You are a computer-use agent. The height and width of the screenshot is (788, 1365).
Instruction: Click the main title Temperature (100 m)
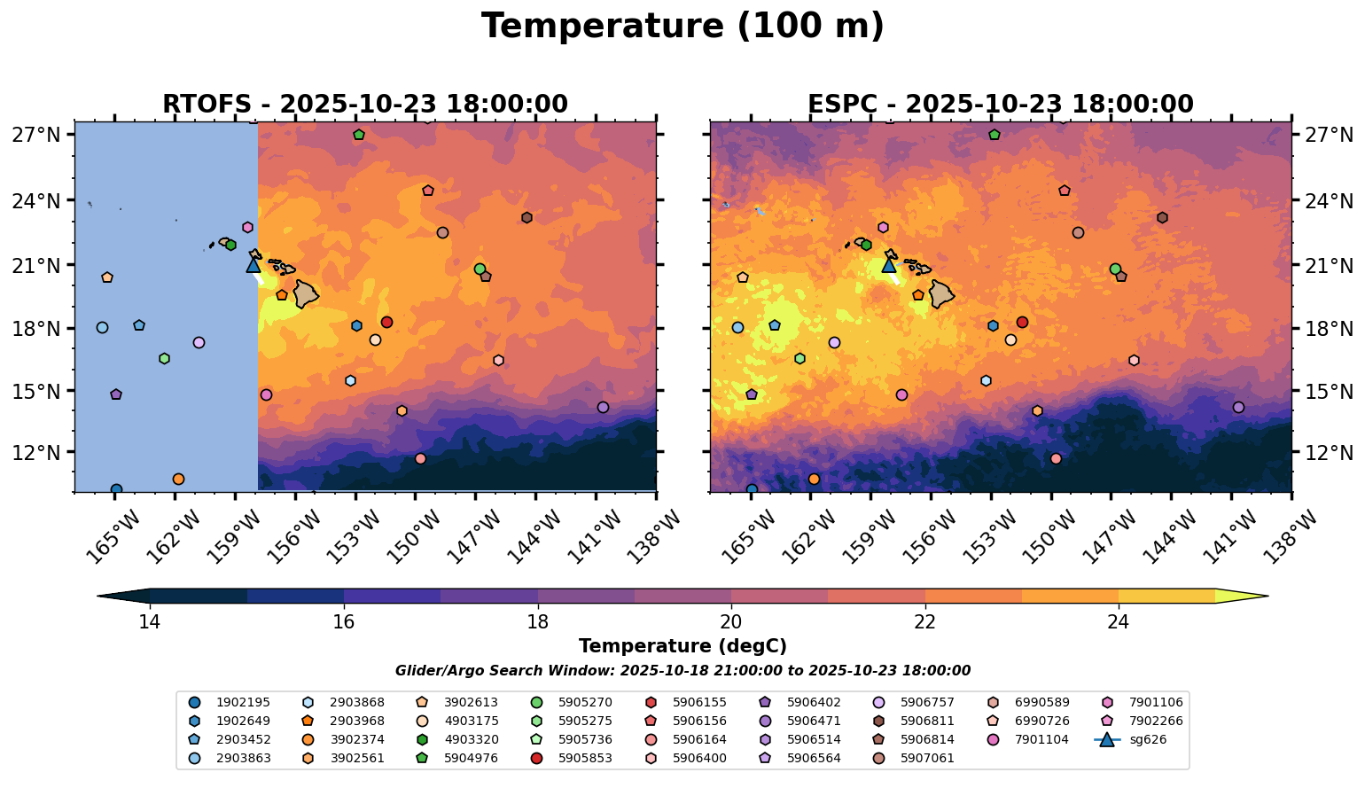pyautogui.click(x=682, y=27)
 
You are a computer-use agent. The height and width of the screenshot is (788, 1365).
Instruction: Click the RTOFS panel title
pyautogui.click(x=364, y=105)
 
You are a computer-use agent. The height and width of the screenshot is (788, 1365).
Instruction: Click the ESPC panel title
pyautogui.click(x=1000, y=105)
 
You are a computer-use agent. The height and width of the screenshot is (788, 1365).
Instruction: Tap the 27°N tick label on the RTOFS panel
pyautogui.click(x=43, y=136)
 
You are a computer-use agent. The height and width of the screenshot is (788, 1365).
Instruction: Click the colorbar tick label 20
pyautogui.click(x=731, y=622)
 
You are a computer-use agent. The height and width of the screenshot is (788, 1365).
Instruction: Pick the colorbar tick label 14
pyautogui.click(x=149, y=622)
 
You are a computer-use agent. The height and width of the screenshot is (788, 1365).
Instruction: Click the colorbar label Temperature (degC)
pyautogui.click(x=682, y=646)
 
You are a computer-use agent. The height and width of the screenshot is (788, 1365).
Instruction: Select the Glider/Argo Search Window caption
pyautogui.click(x=682, y=671)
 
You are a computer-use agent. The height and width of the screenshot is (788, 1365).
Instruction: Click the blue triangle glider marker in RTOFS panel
pyautogui.click(x=253, y=265)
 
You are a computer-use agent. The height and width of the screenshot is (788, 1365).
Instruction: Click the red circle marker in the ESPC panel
pyautogui.click(x=1022, y=323)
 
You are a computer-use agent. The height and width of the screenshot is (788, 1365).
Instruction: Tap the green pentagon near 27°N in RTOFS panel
pyautogui.click(x=359, y=135)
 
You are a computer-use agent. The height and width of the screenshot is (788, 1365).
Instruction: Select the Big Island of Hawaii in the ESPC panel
pyautogui.click(x=941, y=293)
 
